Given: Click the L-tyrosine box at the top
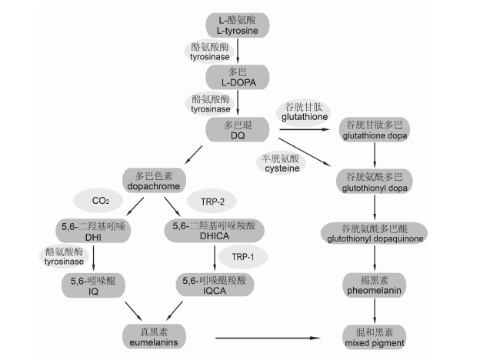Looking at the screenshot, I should (238, 24).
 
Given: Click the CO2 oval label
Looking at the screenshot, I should (101, 201).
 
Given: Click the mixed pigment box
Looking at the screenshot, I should (374, 335).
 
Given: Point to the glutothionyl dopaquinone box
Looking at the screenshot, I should (374, 233).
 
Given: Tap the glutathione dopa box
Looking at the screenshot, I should (375, 130).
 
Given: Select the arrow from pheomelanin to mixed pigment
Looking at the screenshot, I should (374, 310).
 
